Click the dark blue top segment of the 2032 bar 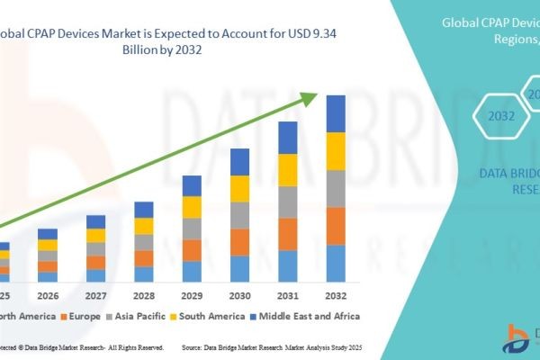coord(335,113)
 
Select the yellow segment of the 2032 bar coord(335,151)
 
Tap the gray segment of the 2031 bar coord(287,202)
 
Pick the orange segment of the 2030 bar coord(239,242)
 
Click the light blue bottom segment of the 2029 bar coord(192,272)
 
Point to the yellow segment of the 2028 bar coord(144,226)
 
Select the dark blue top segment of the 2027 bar coord(95,221)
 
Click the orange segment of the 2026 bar coord(48,266)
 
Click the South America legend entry coord(210,316)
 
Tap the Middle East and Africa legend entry coord(309,316)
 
